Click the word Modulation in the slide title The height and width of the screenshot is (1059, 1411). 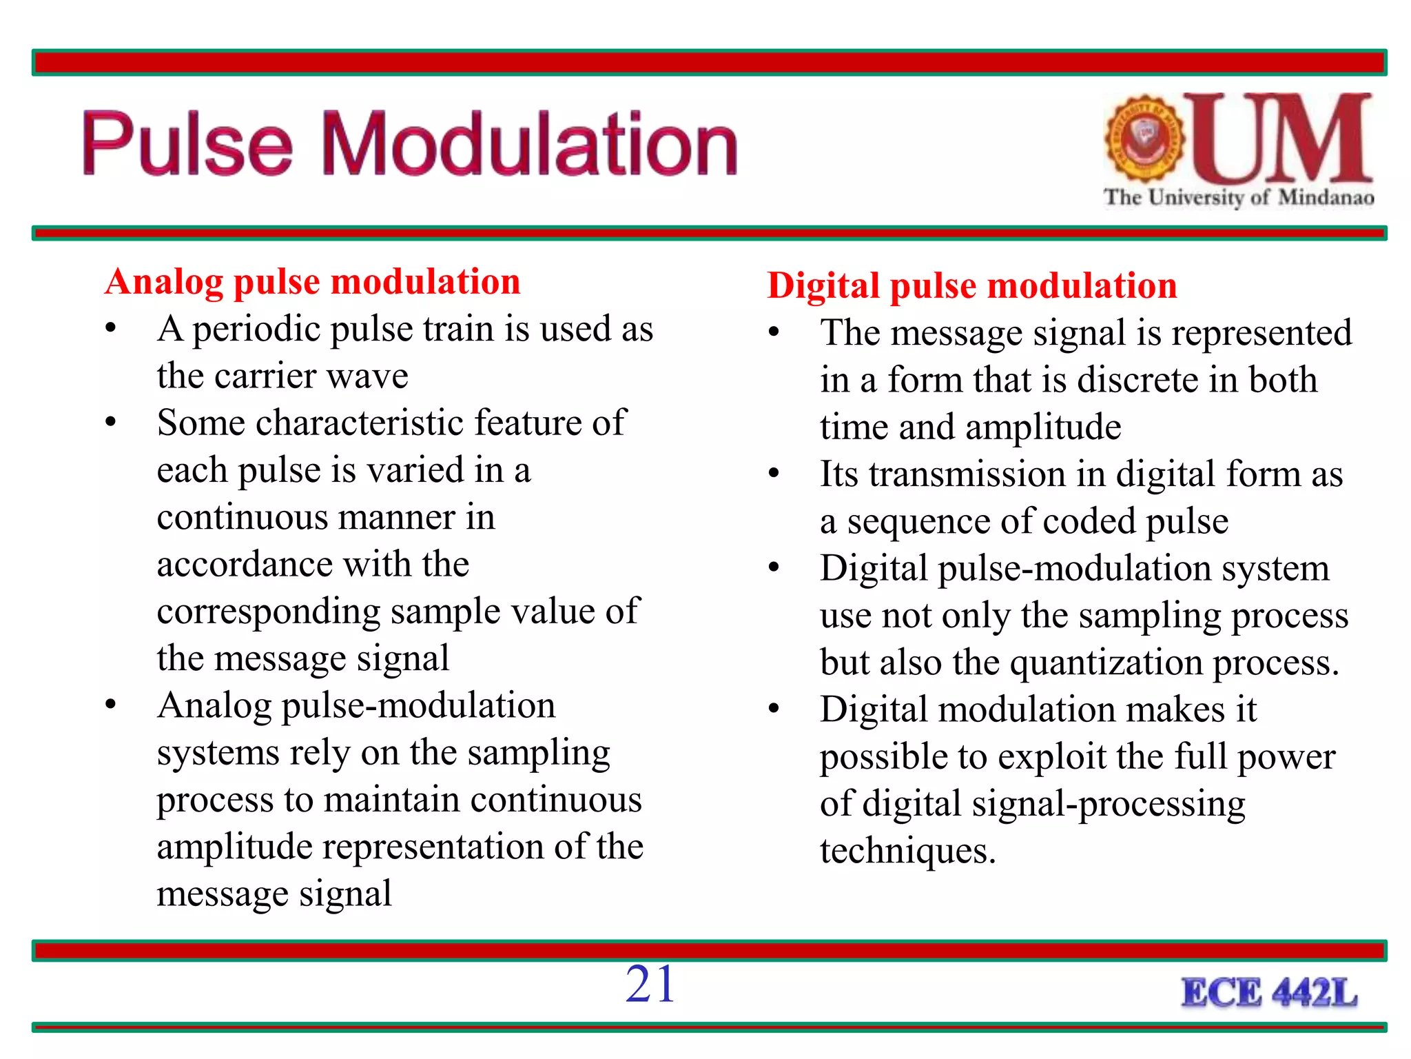(x=529, y=145)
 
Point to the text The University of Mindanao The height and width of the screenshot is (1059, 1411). (x=1238, y=198)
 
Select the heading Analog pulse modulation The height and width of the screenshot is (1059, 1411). (x=312, y=282)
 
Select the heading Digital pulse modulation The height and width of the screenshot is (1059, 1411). (x=971, y=286)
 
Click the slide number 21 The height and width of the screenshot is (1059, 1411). (x=650, y=985)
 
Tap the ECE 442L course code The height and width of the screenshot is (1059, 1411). (x=1269, y=994)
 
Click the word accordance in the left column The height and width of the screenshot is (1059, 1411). (x=244, y=565)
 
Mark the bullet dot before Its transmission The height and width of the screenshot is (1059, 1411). (x=774, y=473)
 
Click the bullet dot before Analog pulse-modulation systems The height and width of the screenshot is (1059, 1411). (x=111, y=704)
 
